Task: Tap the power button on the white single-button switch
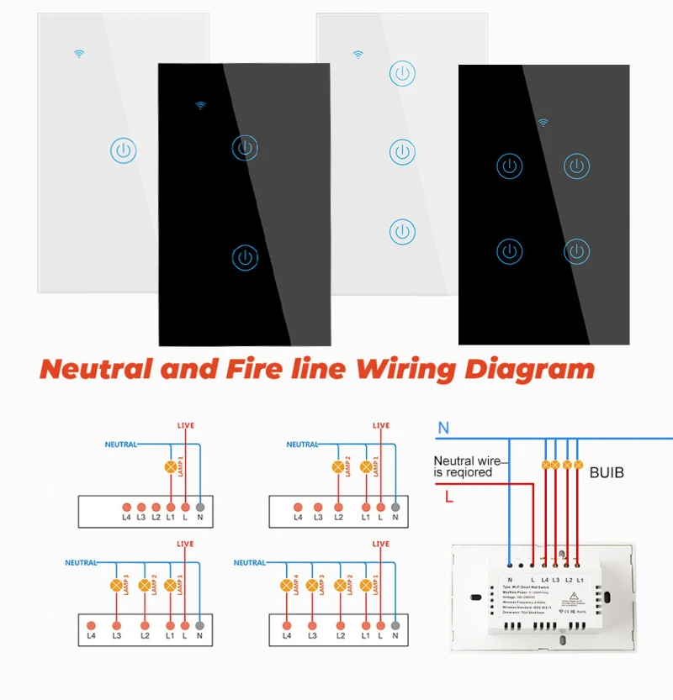(123, 151)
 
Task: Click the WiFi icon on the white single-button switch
(80, 54)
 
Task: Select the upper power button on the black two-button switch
(244, 148)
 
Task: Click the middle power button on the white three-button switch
(402, 152)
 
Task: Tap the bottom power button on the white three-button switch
(402, 231)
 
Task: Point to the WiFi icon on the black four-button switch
(543, 123)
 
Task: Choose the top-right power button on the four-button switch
(576, 165)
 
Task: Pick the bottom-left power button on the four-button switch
(509, 250)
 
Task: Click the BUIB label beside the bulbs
(607, 473)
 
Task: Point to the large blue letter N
(443, 429)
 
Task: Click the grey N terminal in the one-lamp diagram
(199, 508)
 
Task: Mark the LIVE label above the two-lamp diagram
(381, 425)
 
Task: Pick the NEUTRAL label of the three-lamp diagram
(81, 563)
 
